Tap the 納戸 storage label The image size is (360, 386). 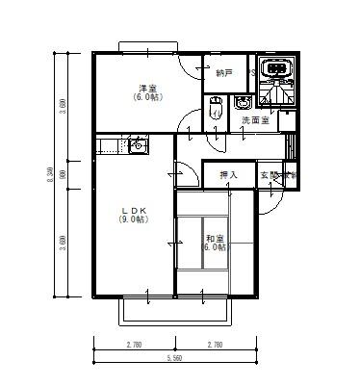click(x=224, y=72)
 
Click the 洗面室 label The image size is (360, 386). click(x=255, y=120)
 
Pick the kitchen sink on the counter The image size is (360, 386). click(x=137, y=146)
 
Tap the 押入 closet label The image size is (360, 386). click(x=228, y=175)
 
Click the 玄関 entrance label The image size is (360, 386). click(x=270, y=175)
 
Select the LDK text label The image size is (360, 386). click(x=132, y=210)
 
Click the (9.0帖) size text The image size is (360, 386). click(x=132, y=220)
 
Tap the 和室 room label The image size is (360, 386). click(x=214, y=238)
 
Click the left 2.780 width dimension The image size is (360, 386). click(x=134, y=343)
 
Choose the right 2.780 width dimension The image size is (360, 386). click(x=215, y=343)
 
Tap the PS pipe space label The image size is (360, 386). click(x=252, y=72)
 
